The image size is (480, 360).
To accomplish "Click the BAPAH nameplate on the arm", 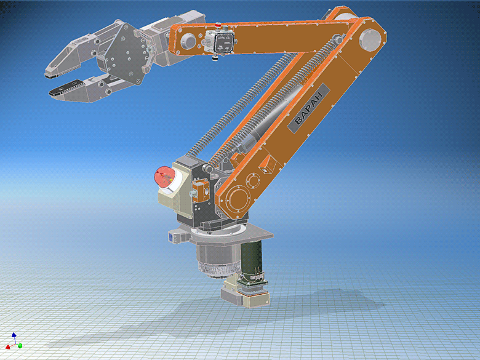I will tap(308, 110).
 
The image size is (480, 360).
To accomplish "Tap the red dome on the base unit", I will tap(162, 178).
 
